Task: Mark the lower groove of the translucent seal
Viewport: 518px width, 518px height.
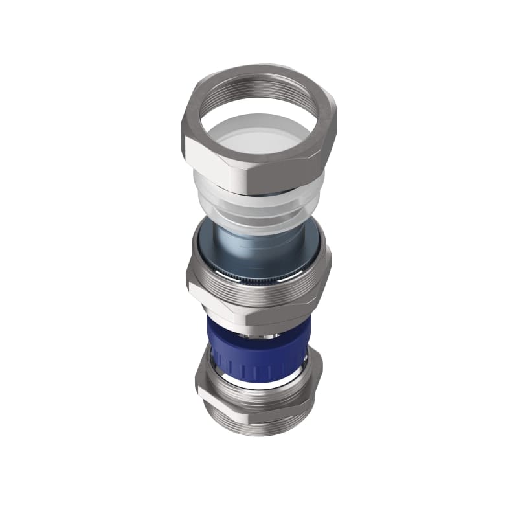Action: pyautogui.click(x=259, y=220)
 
